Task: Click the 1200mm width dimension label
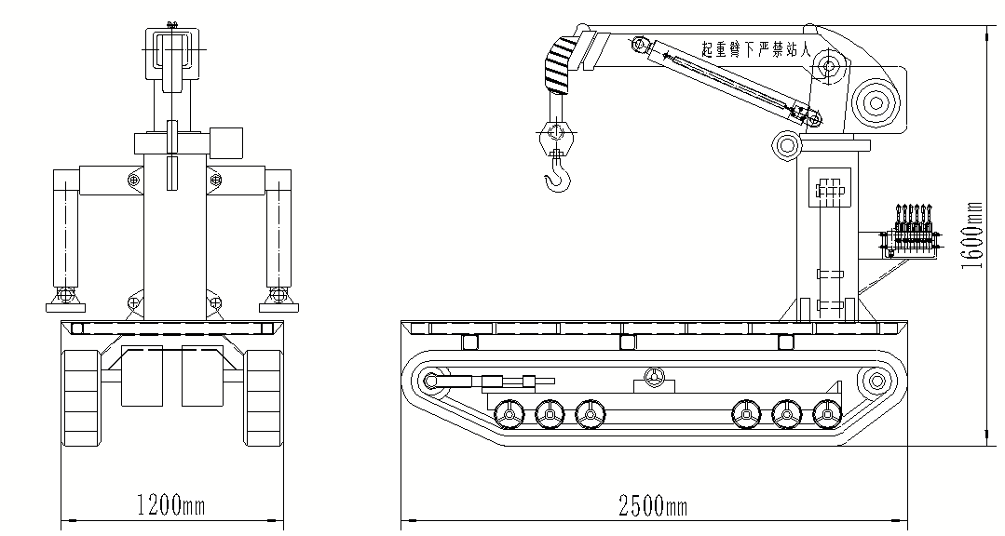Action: (170, 506)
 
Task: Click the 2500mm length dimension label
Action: (654, 506)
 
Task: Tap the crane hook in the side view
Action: (556, 175)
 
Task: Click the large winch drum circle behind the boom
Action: (876, 100)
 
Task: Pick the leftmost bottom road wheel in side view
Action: (509, 414)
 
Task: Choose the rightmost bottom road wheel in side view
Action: (826, 414)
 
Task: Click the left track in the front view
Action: (81, 396)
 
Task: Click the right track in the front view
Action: (264, 396)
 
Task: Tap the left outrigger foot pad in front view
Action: (65, 305)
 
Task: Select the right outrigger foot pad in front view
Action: (278, 305)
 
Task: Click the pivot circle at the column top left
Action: (787, 144)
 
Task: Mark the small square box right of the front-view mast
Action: (226, 142)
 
